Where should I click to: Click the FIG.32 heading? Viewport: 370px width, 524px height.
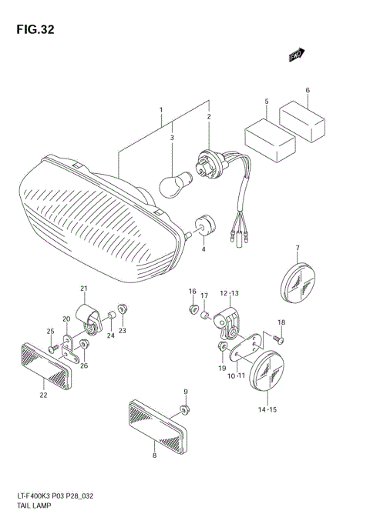(32, 30)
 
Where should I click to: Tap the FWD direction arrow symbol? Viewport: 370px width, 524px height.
(297, 55)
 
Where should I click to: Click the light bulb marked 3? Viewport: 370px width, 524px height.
(173, 182)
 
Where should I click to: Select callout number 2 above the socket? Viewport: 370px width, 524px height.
(208, 116)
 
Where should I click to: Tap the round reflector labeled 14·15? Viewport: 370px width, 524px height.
(267, 376)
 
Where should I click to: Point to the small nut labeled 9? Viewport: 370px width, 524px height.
(183, 408)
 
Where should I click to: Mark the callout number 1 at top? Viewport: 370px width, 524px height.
(161, 110)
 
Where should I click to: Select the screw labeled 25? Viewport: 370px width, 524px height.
(52, 348)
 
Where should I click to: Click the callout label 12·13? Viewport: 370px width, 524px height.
(230, 293)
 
